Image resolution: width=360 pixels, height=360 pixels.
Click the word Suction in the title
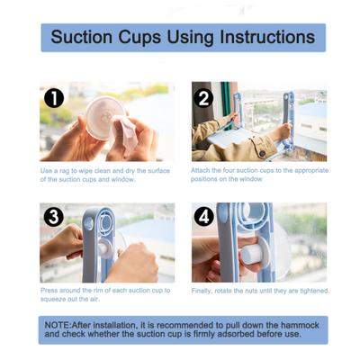[83, 37]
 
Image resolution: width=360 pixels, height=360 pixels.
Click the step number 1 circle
[54, 98]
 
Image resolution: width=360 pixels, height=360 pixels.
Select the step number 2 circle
[204, 98]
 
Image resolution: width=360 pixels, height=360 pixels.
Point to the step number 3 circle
[54, 218]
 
